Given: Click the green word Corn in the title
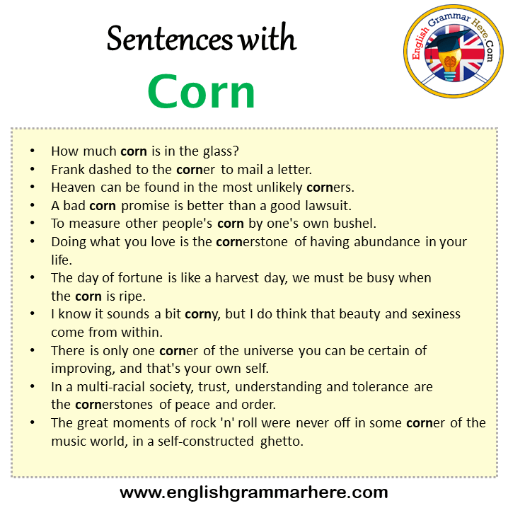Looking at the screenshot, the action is tap(201, 91).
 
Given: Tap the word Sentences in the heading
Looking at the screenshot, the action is tap(170, 38).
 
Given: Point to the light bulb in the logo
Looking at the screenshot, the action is tap(449, 65).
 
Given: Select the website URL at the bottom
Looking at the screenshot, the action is tap(254, 492).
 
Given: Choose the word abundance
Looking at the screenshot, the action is tap(387, 242).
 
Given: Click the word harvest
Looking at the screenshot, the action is tap(237, 278).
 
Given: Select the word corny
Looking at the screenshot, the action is tap(201, 315).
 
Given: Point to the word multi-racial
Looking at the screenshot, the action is tap(110, 387).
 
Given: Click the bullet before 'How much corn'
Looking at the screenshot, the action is tap(32, 151).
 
